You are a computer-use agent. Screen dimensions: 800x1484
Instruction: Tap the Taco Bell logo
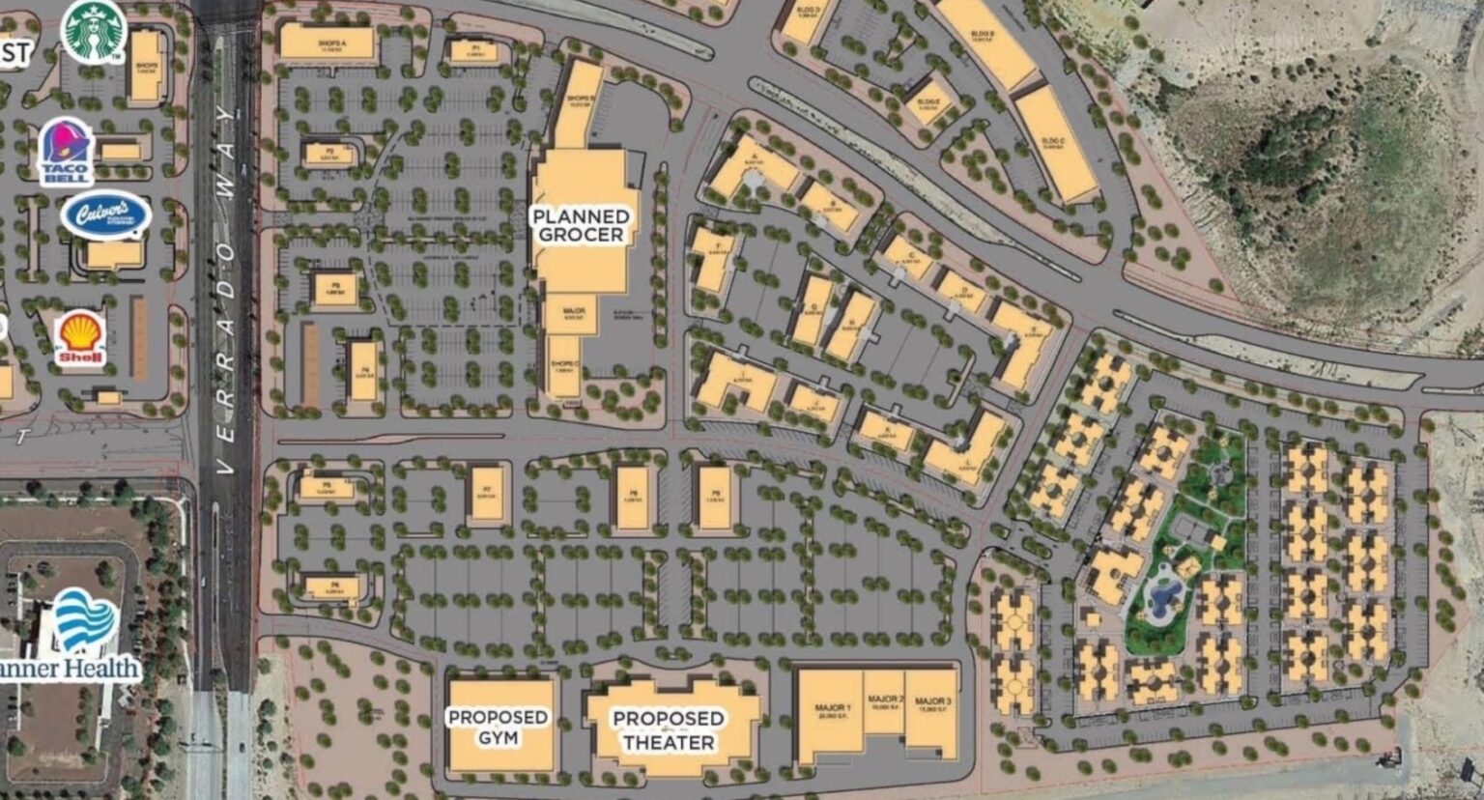(66, 150)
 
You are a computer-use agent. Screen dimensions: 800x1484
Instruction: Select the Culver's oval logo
(105, 215)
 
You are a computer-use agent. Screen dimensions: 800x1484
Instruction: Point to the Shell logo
(80, 338)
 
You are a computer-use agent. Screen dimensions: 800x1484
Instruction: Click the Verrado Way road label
(226, 290)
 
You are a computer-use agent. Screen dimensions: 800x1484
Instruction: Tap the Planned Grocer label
(581, 225)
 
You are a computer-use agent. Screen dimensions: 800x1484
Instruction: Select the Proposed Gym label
(498, 727)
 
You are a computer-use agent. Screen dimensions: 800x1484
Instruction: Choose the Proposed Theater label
(668, 730)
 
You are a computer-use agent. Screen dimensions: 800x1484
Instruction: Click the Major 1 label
(832, 711)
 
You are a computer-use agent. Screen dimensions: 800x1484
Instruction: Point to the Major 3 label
(933, 703)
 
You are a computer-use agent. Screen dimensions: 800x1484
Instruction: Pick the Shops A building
(327, 43)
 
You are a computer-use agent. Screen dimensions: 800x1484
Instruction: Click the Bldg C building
(1055, 144)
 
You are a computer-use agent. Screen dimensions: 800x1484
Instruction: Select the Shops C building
(564, 366)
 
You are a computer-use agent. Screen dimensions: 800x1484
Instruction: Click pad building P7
(488, 494)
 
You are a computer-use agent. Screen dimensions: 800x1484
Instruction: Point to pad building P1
(474, 51)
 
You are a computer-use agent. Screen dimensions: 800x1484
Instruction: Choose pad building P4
(362, 371)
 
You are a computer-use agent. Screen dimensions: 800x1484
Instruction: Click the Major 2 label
(884, 703)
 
